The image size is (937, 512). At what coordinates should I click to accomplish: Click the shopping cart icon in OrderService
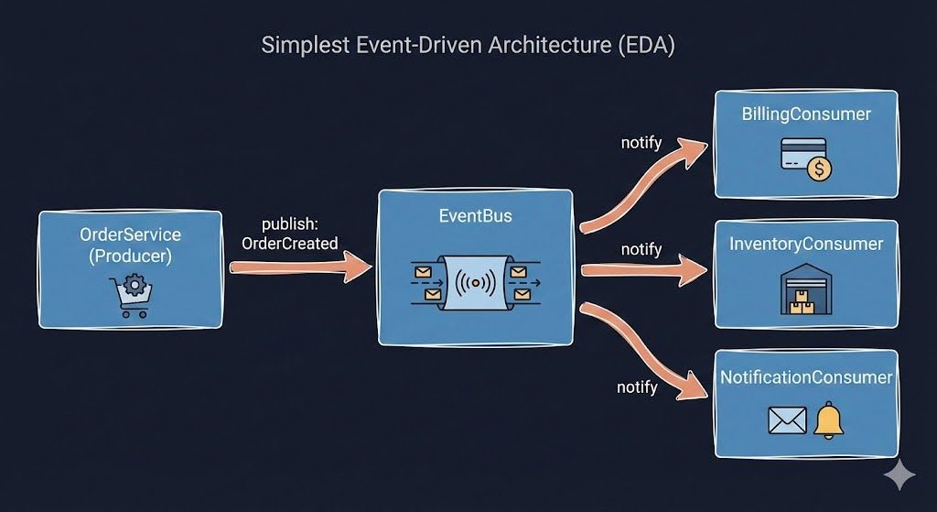coord(130,299)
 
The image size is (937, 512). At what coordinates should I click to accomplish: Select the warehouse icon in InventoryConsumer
coord(805,290)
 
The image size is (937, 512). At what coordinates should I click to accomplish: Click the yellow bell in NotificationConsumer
coord(829,420)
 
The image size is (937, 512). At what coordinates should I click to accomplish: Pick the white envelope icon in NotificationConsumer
coord(786,421)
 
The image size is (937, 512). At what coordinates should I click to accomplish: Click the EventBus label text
coord(475,217)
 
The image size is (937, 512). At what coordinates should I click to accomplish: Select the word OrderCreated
coord(289,244)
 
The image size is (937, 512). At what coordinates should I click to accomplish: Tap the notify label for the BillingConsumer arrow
coord(641,142)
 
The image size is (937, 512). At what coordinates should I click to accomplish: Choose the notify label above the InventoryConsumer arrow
coord(641,249)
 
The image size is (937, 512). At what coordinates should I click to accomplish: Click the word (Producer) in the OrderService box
coord(130,257)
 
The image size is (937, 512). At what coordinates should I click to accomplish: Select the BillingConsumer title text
coord(806,114)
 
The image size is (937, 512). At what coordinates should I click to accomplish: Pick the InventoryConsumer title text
coord(806,244)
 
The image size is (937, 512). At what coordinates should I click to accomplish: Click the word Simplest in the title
coord(299,46)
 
